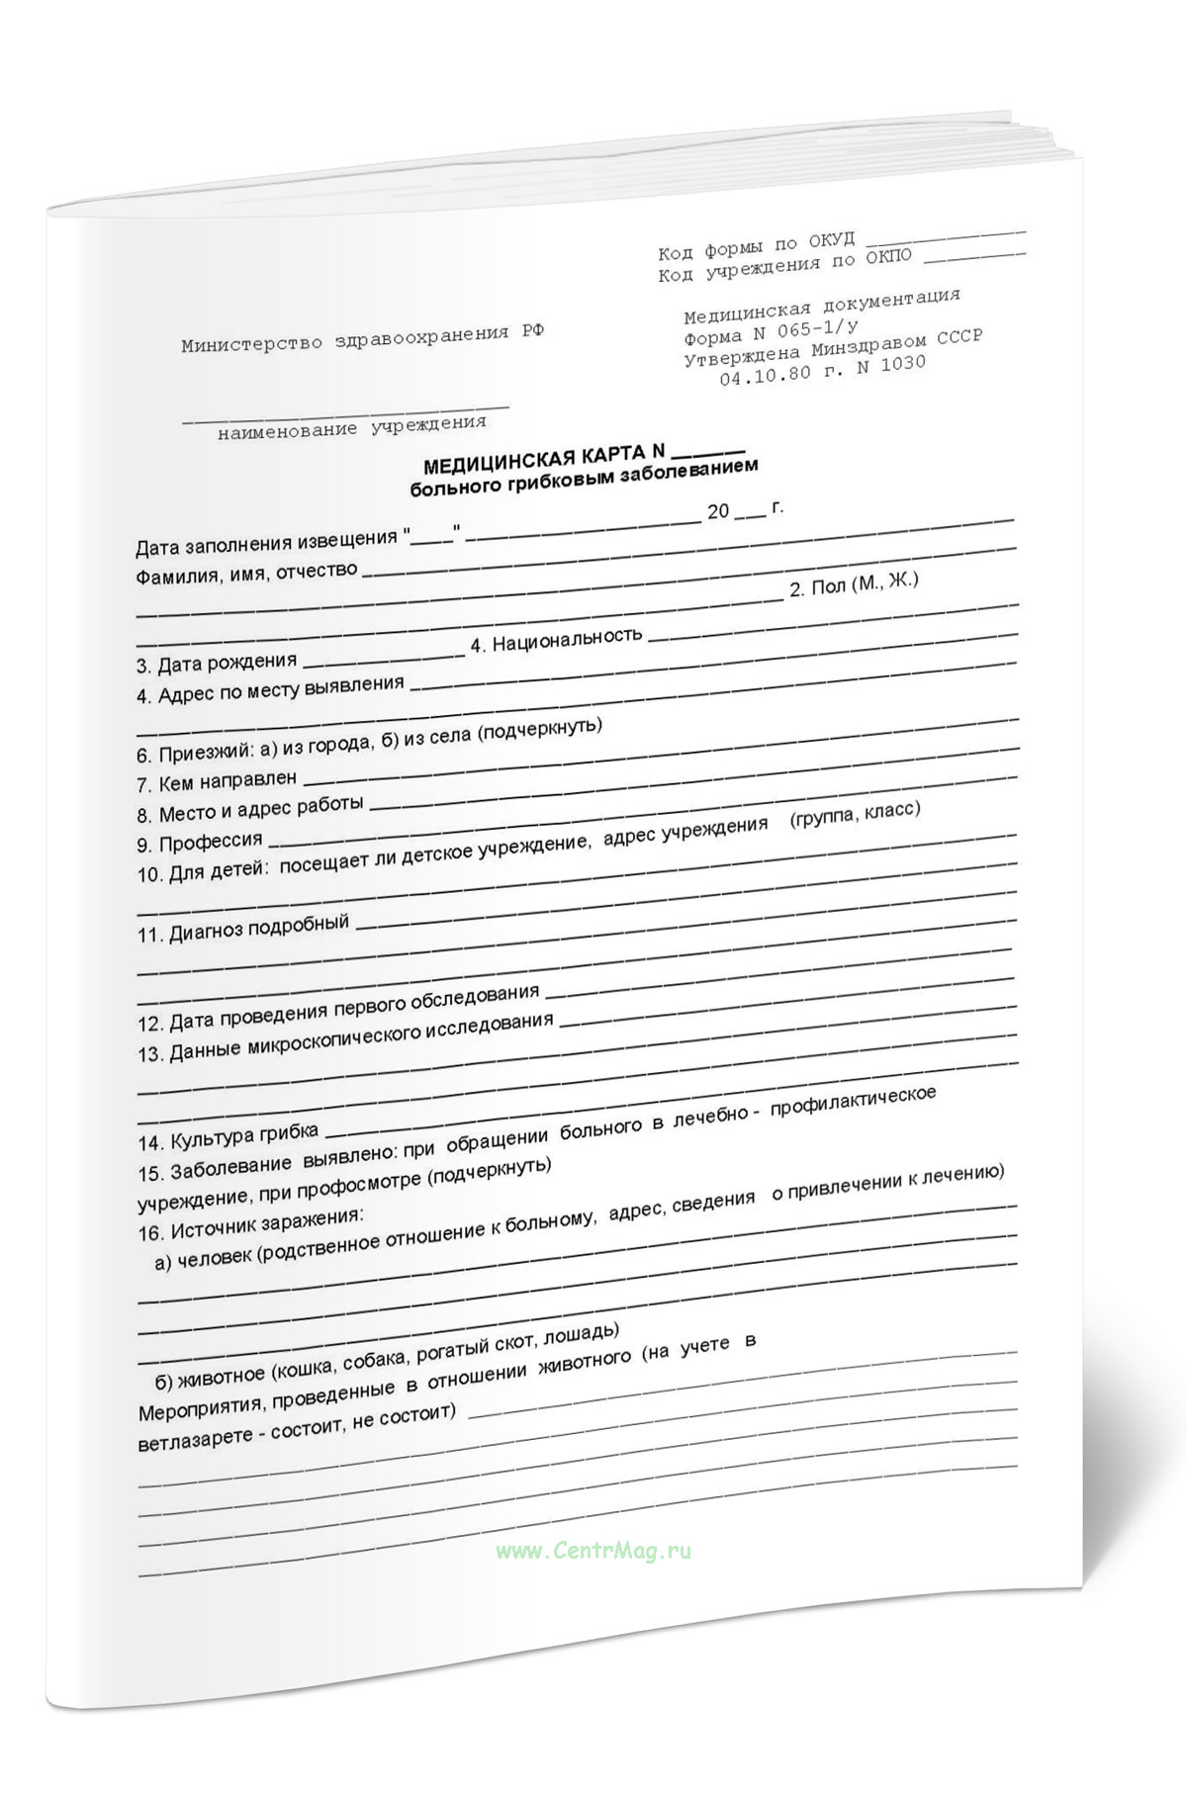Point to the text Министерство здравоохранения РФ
click(x=362, y=338)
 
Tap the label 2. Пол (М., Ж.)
click(x=854, y=584)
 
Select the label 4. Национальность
click(x=556, y=639)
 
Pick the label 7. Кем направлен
click(x=217, y=782)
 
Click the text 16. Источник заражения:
click(x=252, y=1222)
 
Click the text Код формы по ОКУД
click(x=757, y=246)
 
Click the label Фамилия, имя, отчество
click(x=246, y=573)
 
